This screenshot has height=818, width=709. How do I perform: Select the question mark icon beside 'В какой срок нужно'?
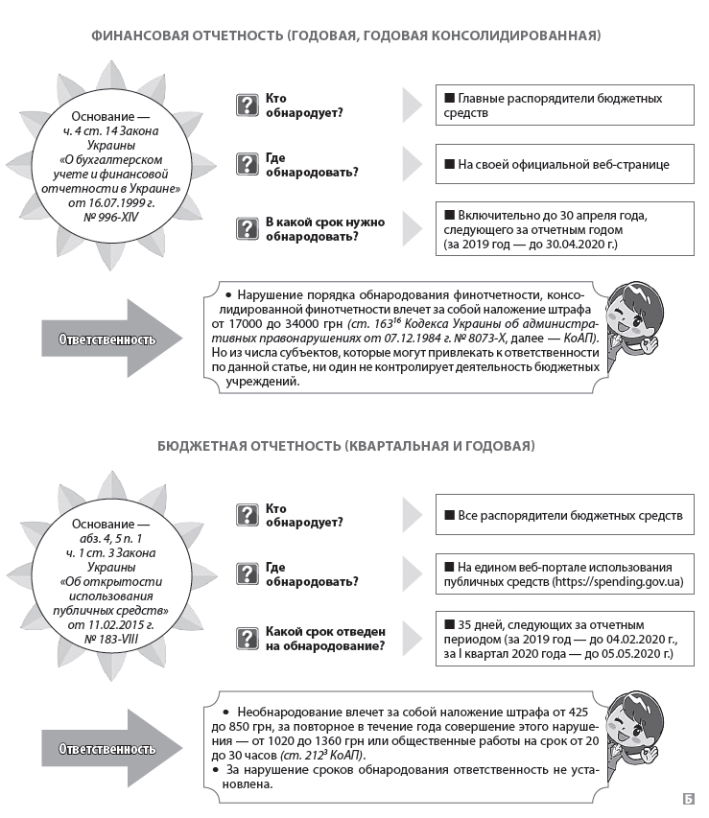pos(248,228)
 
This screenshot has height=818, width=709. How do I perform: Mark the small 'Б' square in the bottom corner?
pos(688,798)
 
